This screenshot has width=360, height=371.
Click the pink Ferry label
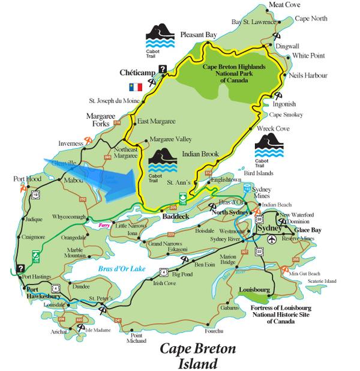104,225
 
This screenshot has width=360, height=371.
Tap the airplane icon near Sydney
273,239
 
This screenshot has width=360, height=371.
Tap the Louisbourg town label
255,289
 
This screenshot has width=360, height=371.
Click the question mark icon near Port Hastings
22,268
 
